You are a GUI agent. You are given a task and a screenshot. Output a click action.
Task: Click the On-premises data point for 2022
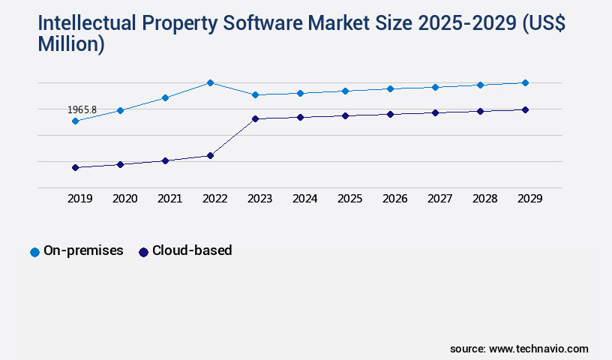point(210,82)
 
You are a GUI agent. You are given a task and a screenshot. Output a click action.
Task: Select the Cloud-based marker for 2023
point(255,118)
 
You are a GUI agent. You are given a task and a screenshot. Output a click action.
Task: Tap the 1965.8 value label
point(82,109)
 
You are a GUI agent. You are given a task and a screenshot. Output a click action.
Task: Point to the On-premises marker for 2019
point(75,121)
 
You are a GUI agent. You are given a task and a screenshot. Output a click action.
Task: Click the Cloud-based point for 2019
point(75,167)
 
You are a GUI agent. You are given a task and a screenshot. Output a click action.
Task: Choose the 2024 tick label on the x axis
point(304,199)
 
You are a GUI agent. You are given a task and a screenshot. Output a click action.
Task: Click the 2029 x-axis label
point(529,199)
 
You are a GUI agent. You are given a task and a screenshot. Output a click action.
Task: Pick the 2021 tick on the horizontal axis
point(169,199)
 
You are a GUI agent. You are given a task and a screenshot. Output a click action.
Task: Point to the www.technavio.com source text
point(538,349)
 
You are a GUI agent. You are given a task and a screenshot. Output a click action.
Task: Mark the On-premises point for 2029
point(525,82)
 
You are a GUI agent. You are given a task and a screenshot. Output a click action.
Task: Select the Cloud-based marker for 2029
point(525,109)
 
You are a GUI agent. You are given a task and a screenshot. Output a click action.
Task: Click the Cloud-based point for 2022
point(210,155)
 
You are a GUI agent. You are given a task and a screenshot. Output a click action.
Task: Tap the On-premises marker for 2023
point(255,94)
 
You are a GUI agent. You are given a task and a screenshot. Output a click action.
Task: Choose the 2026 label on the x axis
point(394,199)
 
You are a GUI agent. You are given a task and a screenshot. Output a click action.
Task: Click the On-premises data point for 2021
point(165,97)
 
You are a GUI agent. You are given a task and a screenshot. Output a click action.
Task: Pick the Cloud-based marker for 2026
point(390,114)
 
